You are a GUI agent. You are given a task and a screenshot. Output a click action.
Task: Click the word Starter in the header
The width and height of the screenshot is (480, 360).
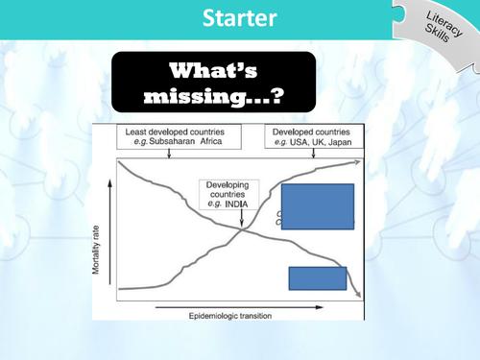[x=240, y=18]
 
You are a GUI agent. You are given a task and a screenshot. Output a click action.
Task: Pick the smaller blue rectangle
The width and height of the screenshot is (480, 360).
[x=318, y=277]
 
